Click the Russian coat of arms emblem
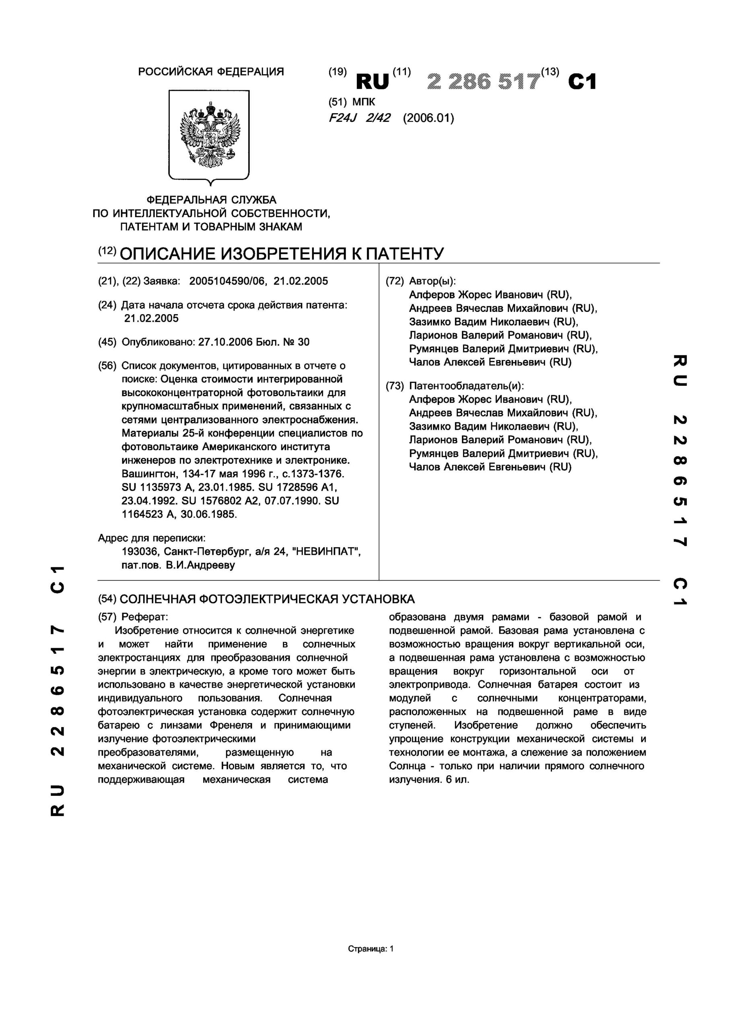coord(209,135)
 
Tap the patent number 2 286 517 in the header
coord(484,81)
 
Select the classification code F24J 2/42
coord(359,118)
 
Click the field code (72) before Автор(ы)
coord(394,281)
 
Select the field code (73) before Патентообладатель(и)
coord(394,385)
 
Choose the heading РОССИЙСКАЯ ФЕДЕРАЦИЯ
coord(211,72)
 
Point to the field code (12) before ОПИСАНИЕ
coord(108,251)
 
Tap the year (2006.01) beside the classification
coord(428,118)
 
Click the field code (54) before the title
coord(108,599)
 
